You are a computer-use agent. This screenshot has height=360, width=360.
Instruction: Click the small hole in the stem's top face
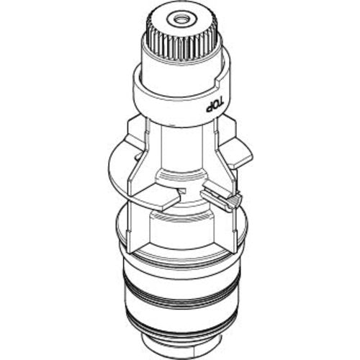pos(179,19)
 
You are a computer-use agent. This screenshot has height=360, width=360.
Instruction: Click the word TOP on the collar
pos(215,104)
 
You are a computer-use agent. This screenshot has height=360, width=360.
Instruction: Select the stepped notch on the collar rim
pos(220,81)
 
